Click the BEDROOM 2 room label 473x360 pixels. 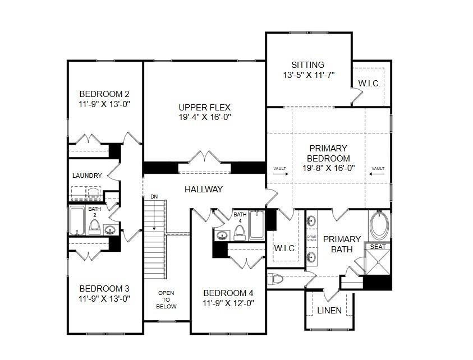tap(104, 94)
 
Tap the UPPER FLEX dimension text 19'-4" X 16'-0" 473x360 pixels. tap(205, 117)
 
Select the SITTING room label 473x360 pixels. tap(307, 65)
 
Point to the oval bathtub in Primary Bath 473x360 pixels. tap(379, 225)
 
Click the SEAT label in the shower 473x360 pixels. tap(378, 247)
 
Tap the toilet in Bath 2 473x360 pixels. tap(94, 227)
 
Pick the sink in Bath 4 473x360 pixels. tap(223, 235)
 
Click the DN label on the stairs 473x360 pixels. tap(154, 197)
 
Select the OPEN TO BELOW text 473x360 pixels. tap(166, 299)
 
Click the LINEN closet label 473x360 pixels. tap(329, 311)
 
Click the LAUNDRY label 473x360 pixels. tap(87, 176)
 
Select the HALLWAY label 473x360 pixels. tap(204, 190)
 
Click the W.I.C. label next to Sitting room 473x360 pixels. tap(369, 84)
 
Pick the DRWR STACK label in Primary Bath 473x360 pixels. tap(312, 238)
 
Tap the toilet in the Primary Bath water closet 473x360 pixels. tap(275, 279)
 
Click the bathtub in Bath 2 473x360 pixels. tap(77, 220)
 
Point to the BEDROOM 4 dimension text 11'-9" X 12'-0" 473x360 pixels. tap(228, 303)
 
